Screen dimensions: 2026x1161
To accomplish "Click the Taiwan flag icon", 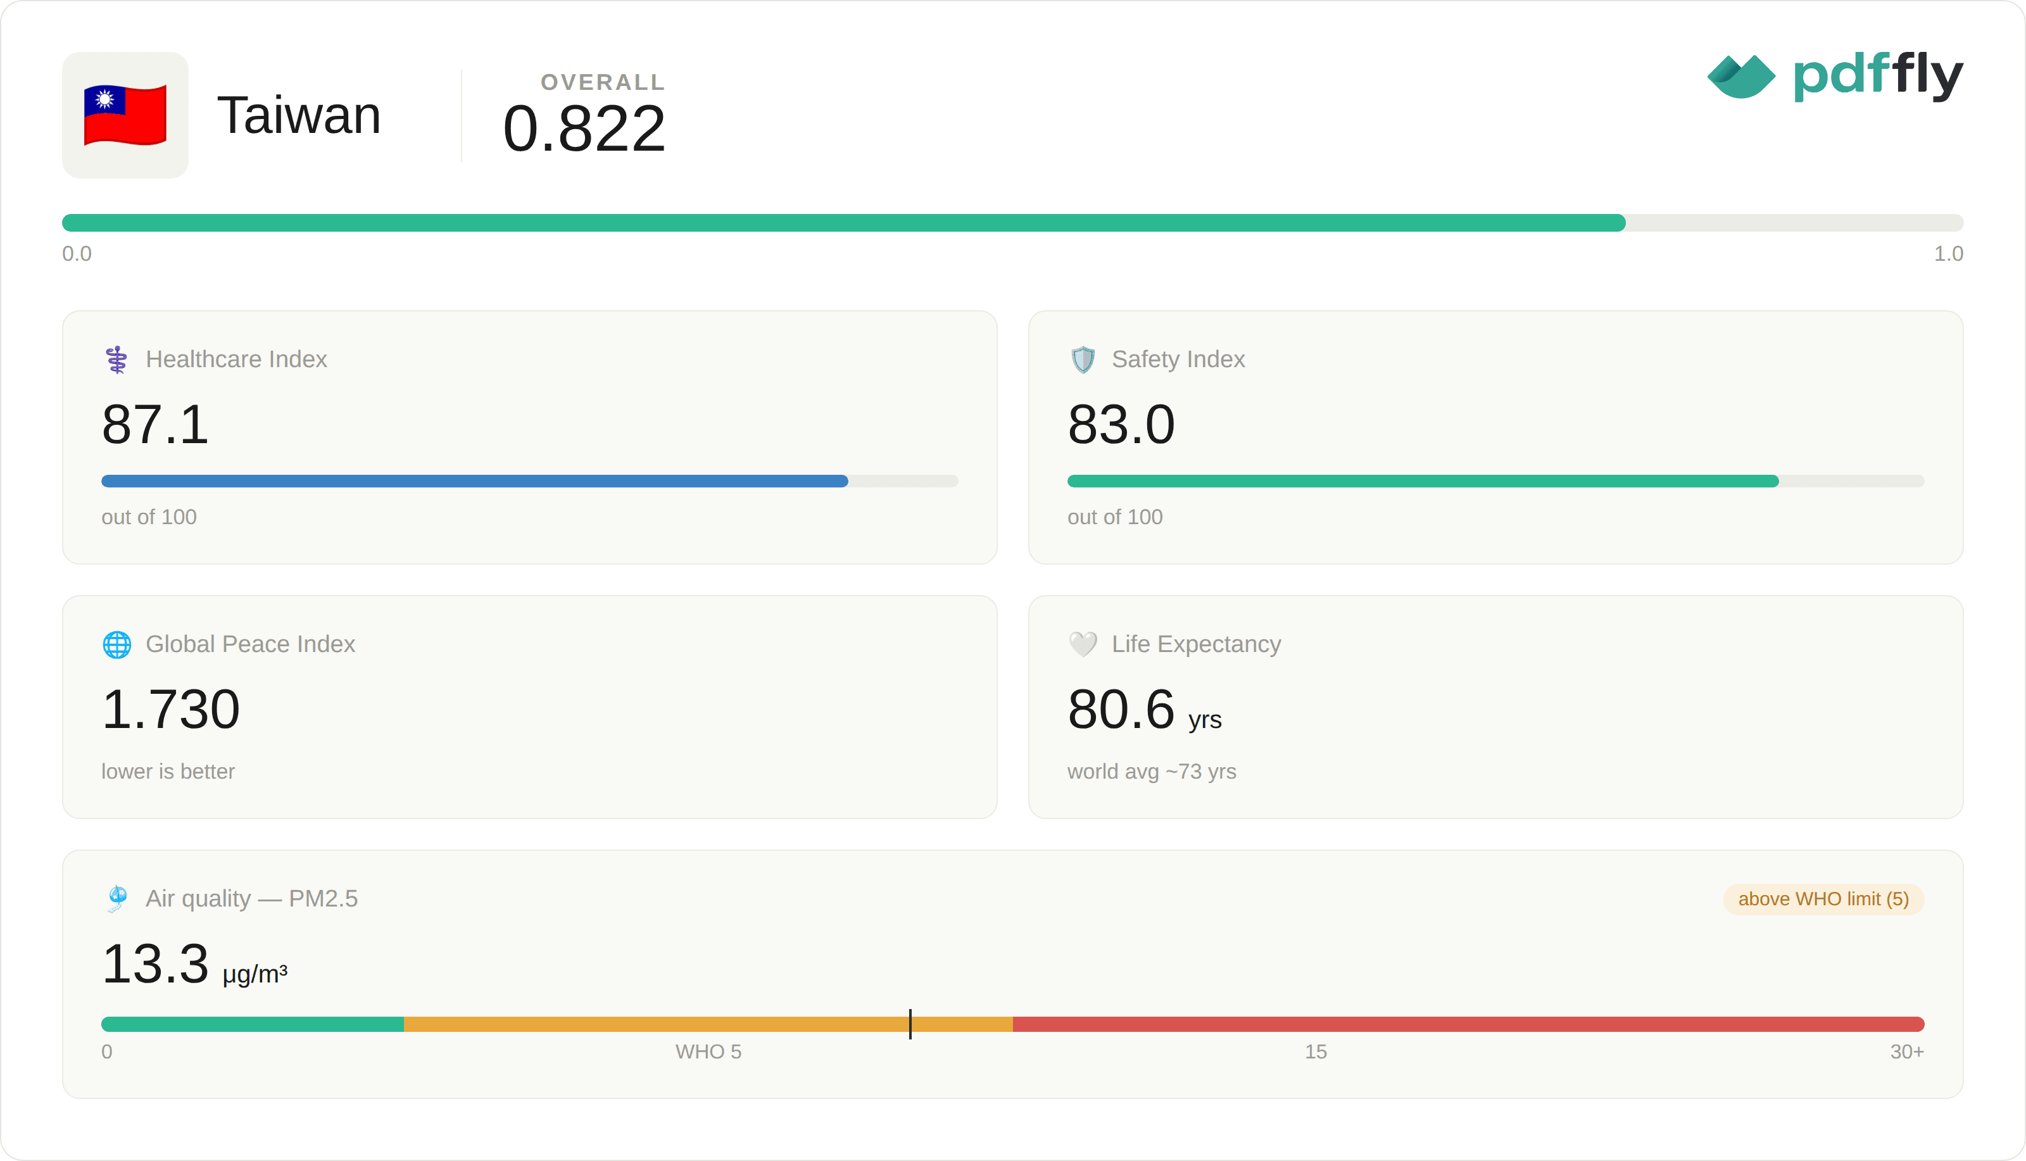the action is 125,115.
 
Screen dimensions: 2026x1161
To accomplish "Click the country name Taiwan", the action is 299,115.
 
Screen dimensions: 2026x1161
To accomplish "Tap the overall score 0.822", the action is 584,129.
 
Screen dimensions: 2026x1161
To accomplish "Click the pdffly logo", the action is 1835,76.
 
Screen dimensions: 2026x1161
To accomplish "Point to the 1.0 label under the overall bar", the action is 1948,254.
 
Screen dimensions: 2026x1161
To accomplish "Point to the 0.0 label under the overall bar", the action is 77,254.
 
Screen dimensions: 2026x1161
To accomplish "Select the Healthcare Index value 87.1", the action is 156,424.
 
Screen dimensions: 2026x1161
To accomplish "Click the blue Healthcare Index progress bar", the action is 474,481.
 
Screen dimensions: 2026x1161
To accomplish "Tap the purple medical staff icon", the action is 116,360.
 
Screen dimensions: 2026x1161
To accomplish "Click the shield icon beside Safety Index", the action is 1083,360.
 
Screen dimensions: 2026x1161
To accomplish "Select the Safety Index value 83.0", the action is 1121,424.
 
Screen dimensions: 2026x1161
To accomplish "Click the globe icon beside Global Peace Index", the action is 116,644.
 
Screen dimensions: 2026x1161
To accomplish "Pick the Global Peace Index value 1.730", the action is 171,709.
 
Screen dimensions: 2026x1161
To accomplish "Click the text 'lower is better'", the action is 168,771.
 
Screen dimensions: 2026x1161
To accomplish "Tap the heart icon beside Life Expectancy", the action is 1083,644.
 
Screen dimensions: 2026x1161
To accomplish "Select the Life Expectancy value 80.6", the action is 1121,709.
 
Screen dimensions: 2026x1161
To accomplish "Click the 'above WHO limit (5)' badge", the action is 1823,900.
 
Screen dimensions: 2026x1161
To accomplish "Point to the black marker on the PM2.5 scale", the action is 910,1024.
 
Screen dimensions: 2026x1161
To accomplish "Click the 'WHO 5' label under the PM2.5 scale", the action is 708,1051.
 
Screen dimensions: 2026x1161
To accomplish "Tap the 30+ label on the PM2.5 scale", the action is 1906,1051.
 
